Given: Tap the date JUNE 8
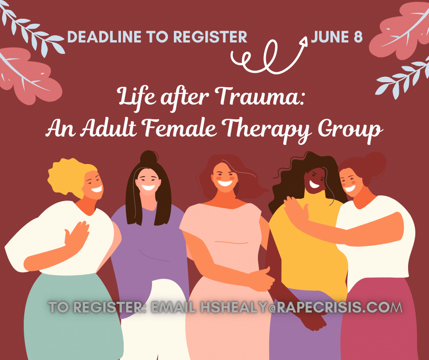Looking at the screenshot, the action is [x=336, y=37].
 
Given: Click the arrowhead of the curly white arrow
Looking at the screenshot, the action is [x=303, y=41].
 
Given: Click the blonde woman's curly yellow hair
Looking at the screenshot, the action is [x=70, y=177].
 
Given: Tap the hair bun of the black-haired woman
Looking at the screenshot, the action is [x=149, y=157].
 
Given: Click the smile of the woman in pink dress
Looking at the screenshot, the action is [x=225, y=182].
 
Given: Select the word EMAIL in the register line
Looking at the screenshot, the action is [x=173, y=307].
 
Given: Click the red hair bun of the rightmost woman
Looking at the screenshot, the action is [x=373, y=164].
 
